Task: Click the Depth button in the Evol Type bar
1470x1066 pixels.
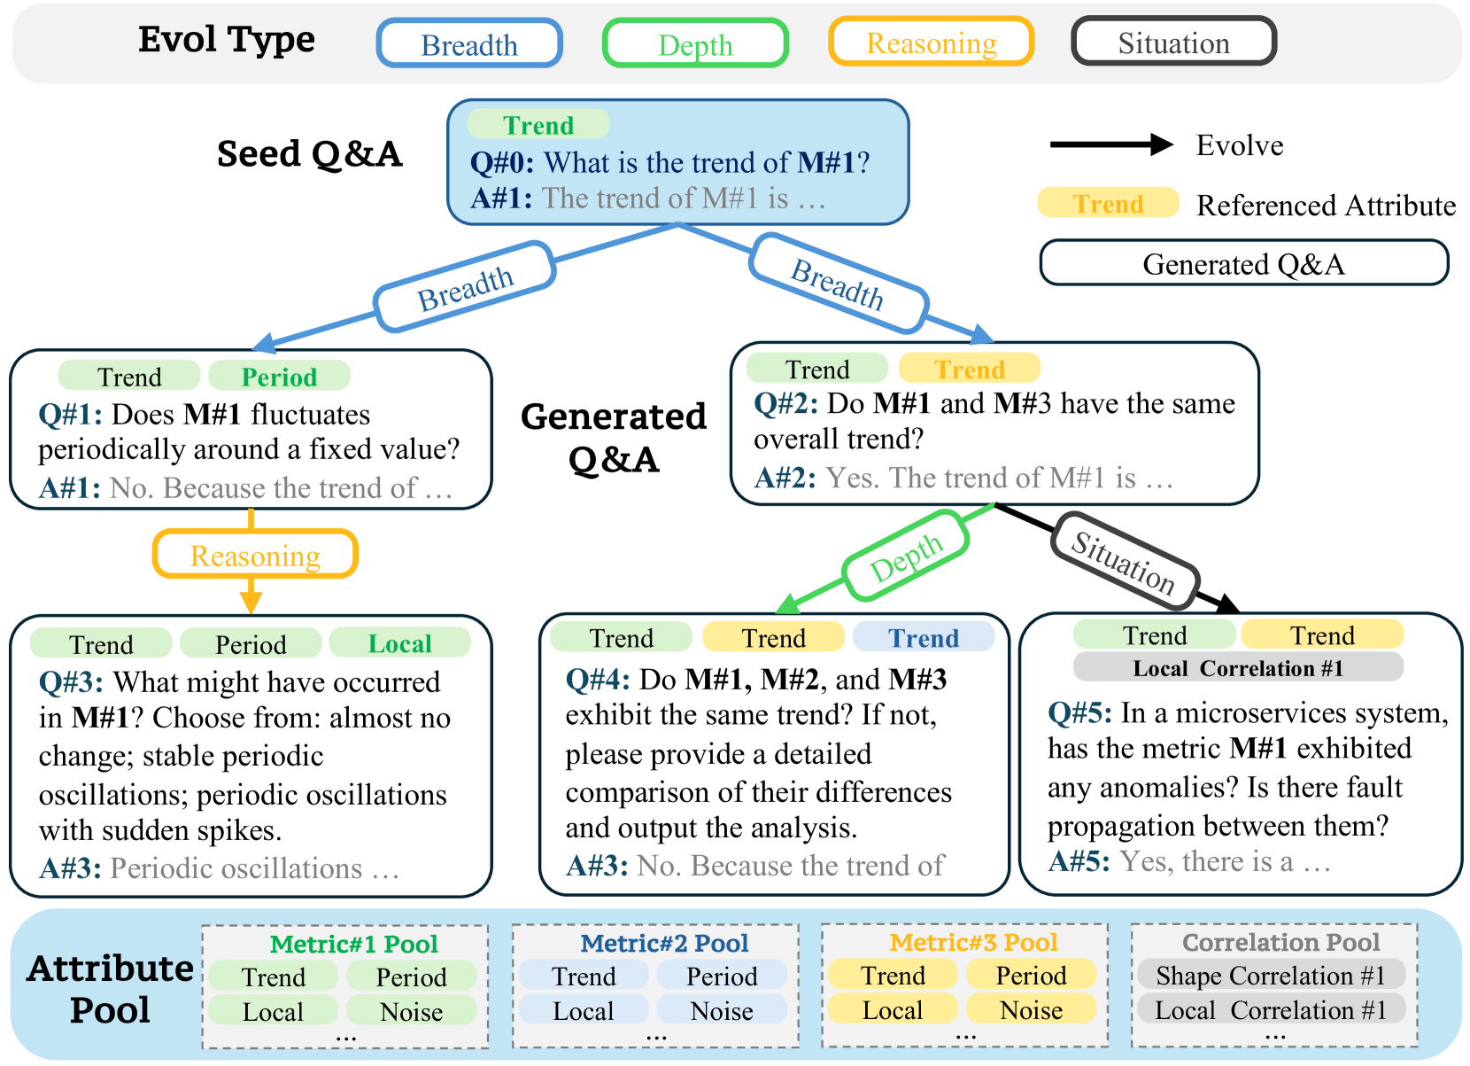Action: click(x=696, y=43)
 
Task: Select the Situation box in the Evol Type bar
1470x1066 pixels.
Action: click(x=1173, y=42)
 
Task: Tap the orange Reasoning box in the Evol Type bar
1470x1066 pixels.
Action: click(x=932, y=42)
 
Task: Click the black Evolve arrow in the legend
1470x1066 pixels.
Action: click(x=1111, y=144)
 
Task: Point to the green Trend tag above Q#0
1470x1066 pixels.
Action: click(x=538, y=124)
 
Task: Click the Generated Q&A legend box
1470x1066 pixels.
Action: click(x=1244, y=263)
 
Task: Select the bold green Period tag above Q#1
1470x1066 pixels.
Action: click(x=280, y=377)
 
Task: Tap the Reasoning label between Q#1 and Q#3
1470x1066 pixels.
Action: click(x=255, y=555)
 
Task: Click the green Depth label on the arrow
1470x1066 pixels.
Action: click(x=906, y=556)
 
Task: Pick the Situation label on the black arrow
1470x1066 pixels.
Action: click(x=1125, y=561)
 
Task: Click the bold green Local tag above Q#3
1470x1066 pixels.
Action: click(x=399, y=643)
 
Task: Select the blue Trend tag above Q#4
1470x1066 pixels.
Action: click(x=924, y=637)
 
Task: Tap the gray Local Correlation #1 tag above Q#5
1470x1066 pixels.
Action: click(x=1238, y=667)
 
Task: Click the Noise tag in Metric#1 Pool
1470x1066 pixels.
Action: click(x=412, y=1011)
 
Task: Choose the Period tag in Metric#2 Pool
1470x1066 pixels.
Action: click(x=722, y=976)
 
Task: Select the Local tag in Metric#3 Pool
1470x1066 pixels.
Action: click(x=893, y=1009)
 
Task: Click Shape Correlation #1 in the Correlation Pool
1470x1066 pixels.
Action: click(x=1271, y=975)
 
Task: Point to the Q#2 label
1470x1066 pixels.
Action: click(x=785, y=403)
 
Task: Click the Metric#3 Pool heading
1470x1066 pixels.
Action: click(x=974, y=942)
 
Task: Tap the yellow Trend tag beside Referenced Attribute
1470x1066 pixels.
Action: click(x=1109, y=203)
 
